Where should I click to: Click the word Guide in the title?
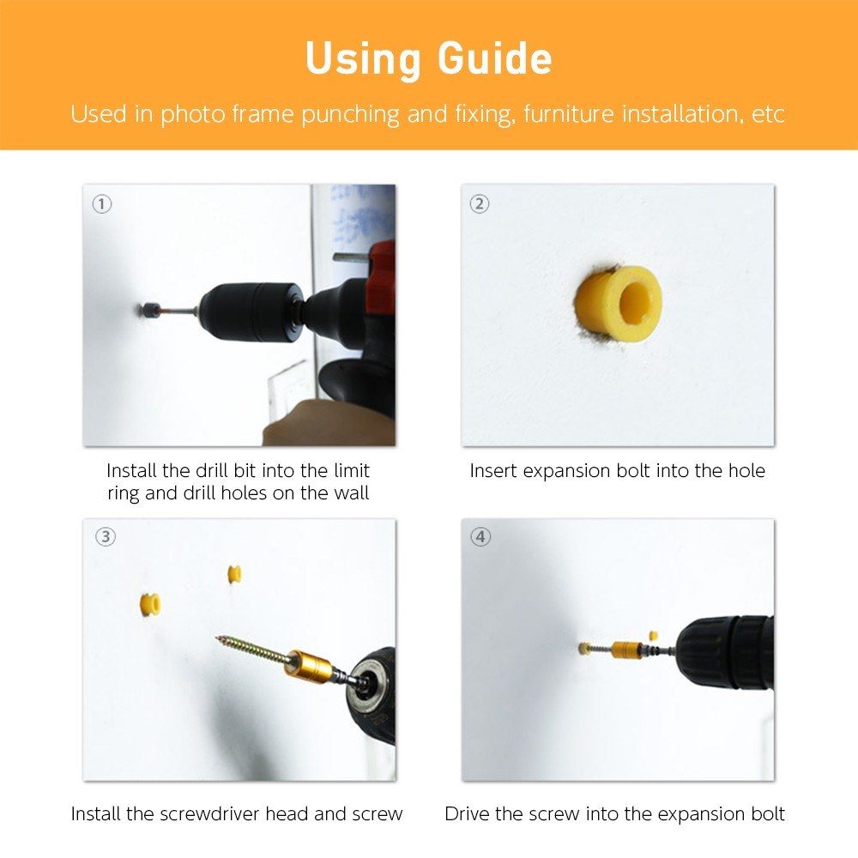pyautogui.click(x=495, y=58)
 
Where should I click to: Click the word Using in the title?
pyautogui.click(x=363, y=58)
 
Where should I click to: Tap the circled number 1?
pyautogui.click(x=102, y=204)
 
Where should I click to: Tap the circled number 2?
pyautogui.click(x=480, y=204)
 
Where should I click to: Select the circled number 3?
pyautogui.click(x=106, y=537)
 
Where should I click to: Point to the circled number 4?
pyautogui.click(x=480, y=537)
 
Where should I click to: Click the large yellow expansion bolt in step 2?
pyautogui.click(x=619, y=303)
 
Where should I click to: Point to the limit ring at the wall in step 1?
pyautogui.click(x=148, y=311)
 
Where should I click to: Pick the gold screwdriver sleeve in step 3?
pyautogui.click(x=309, y=663)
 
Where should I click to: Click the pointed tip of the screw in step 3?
pyautogui.click(x=218, y=637)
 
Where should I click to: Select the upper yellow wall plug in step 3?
pyautogui.click(x=234, y=574)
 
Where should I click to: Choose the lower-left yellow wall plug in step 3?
pyautogui.click(x=149, y=605)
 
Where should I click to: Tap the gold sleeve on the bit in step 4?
pyautogui.click(x=627, y=650)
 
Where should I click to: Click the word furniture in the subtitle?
pyautogui.click(x=569, y=114)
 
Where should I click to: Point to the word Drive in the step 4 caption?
pyautogui.click(x=467, y=813)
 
